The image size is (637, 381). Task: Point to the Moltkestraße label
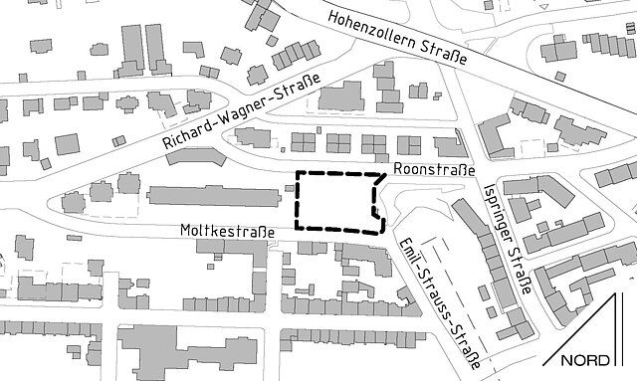[227, 230]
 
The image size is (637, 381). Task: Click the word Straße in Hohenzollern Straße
[448, 51]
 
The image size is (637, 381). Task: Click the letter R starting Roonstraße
[399, 170]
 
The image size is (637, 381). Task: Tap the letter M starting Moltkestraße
[185, 230]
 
